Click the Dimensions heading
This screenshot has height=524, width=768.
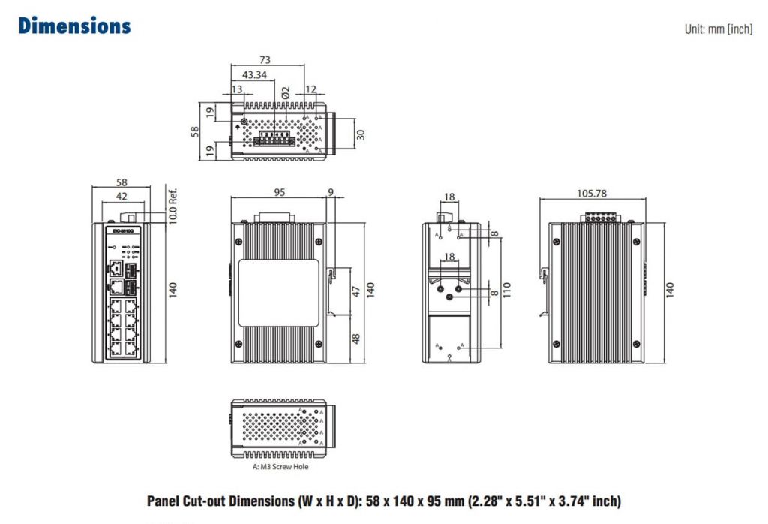74,26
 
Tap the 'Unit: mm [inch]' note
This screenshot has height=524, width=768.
717,29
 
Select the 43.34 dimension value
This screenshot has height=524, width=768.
254,75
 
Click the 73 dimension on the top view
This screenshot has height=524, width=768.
265,60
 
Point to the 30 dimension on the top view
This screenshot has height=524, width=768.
360,134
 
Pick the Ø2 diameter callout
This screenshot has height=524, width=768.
285,92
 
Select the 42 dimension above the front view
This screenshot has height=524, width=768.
121,197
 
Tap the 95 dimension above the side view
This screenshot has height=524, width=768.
279,192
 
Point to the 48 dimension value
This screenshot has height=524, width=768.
356,339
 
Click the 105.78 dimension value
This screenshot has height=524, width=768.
591,193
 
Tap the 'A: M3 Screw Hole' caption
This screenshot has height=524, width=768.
280,467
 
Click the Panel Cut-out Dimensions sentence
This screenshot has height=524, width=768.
384,501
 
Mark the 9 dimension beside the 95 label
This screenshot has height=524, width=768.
331,192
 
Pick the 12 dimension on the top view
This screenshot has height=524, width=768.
311,90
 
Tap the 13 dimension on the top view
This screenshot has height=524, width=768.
237,90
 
